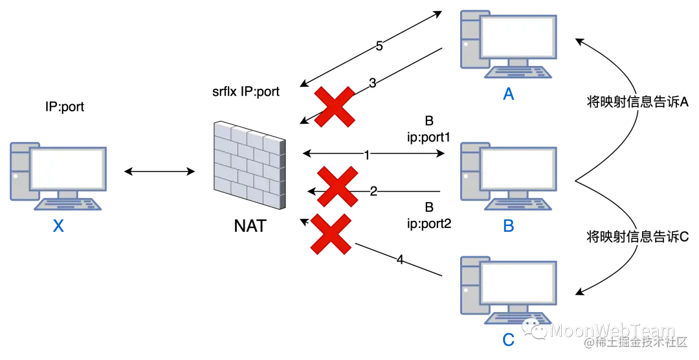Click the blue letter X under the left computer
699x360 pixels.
pos(59,226)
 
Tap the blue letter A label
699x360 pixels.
pos(509,96)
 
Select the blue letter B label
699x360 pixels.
pos(509,225)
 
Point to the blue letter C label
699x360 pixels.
pos(509,339)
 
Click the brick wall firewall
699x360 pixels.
pos(249,164)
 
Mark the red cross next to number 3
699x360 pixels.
pos(334,106)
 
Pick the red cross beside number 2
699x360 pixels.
pos(337,186)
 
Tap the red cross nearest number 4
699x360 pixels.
pos(331,234)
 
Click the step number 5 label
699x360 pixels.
pos(378,47)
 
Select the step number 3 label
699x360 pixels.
pos(373,83)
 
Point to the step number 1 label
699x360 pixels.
pos(368,155)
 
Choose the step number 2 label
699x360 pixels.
pos(373,191)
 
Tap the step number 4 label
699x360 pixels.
pos(399,260)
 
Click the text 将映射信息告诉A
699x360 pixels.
pos(637,102)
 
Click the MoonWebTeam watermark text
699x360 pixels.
pos(612,331)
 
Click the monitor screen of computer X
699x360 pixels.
pos(67,168)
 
